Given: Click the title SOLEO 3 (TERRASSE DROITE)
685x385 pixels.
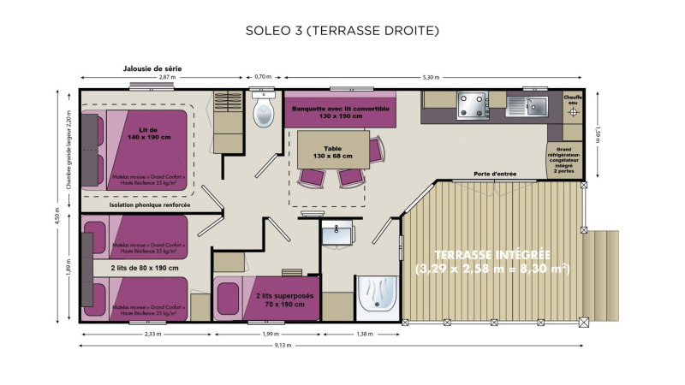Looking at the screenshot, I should tap(342, 32).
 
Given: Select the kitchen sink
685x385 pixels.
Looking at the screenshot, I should tap(537, 105).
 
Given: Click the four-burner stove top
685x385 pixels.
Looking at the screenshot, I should tap(473, 105).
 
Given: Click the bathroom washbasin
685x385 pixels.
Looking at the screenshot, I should tap(340, 229).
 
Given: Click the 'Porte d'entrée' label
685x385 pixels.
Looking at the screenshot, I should tap(495, 175).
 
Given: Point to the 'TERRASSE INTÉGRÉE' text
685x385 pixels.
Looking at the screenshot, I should tap(491, 255).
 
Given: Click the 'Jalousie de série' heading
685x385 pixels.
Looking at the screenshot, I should tap(152, 68).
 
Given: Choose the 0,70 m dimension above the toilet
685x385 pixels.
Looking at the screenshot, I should tap(263, 77).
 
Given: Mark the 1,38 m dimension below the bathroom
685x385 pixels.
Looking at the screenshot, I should tap(364, 334).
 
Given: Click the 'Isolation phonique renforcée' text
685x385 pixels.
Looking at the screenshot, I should tap(149, 205).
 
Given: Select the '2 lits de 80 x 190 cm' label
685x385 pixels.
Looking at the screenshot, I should tap(143, 267).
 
